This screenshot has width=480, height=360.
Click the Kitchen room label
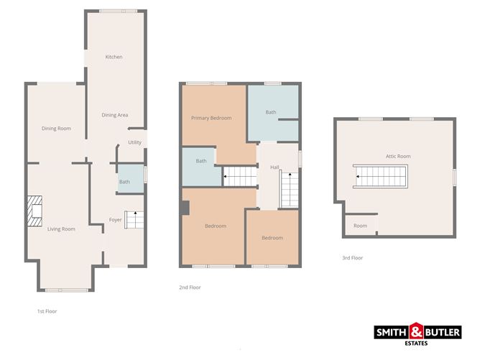[x=114, y=57]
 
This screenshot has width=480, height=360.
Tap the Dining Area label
[x=114, y=115]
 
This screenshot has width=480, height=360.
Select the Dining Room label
[x=56, y=129]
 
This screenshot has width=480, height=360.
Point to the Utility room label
[x=134, y=142]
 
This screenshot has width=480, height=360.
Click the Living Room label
[x=61, y=229]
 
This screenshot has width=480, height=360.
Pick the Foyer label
[x=115, y=220]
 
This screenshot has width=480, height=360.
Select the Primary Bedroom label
[x=211, y=118]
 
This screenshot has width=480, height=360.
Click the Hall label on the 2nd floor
[x=274, y=167]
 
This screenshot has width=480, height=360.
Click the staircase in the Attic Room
[x=381, y=175]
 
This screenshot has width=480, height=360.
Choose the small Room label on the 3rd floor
[x=360, y=226]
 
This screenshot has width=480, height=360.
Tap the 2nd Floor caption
[x=190, y=287]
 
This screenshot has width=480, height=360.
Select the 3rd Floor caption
[x=352, y=257]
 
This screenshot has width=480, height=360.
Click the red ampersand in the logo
[x=417, y=332]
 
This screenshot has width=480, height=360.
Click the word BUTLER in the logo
[x=444, y=333]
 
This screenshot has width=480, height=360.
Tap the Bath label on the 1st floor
[x=124, y=182]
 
